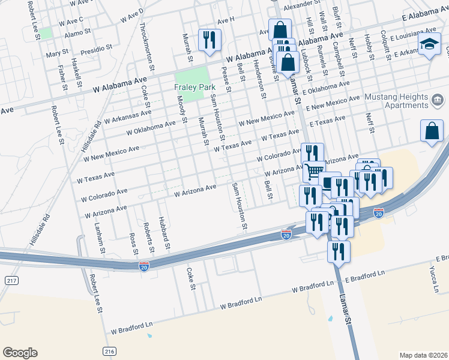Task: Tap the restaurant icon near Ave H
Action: point(209,40)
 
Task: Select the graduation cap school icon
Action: point(429,44)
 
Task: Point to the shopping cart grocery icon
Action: point(312,172)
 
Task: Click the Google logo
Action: point(20,353)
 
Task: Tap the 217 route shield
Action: point(9,280)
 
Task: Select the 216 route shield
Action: point(109,351)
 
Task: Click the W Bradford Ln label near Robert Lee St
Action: point(132,327)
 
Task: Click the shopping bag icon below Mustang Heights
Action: point(432,131)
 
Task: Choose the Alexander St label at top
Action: point(298,5)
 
